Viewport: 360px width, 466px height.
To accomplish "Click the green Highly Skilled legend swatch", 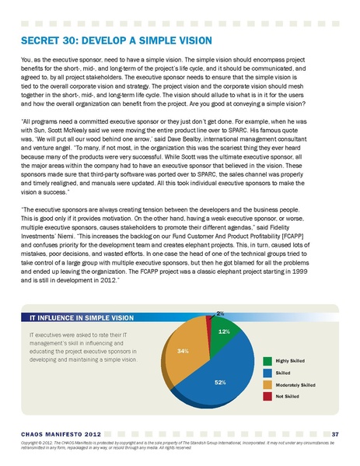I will [x=267, y=361].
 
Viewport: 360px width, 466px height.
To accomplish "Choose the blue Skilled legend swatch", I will [x=267, y=373].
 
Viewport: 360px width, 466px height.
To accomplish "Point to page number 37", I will [x=334, y=433].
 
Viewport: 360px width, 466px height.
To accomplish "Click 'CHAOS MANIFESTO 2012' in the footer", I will [x=61, y=433].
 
